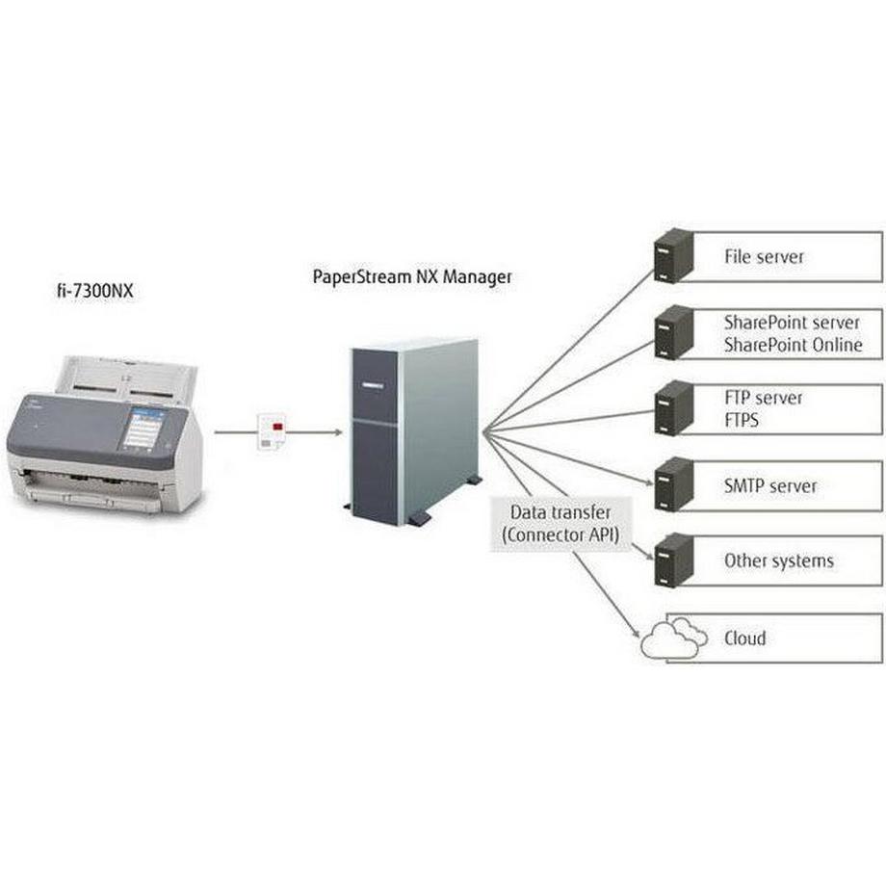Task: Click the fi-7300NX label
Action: [94, 288]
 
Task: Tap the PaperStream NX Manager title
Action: [412, 276]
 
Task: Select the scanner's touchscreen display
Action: [143, 427]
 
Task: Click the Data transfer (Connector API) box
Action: [560, 523]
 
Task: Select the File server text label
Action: [764, 257]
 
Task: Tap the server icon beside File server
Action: [673, 255]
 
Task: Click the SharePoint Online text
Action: [792, 345]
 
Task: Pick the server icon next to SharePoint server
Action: [673, 332]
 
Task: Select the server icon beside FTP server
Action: [673, 408]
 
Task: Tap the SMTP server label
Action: [770, 485]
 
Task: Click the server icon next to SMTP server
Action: [673, 484]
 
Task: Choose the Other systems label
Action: [778, 560]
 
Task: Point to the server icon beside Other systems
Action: [673, 560]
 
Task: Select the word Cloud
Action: [744, 638]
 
